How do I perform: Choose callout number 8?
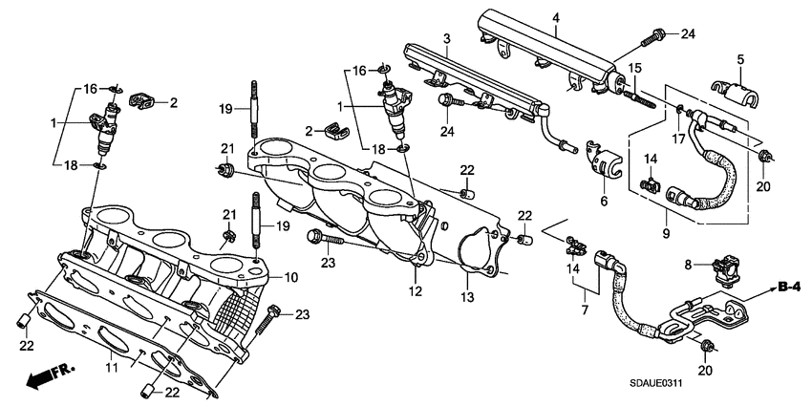pyautogui.click(x=688, y=263)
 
